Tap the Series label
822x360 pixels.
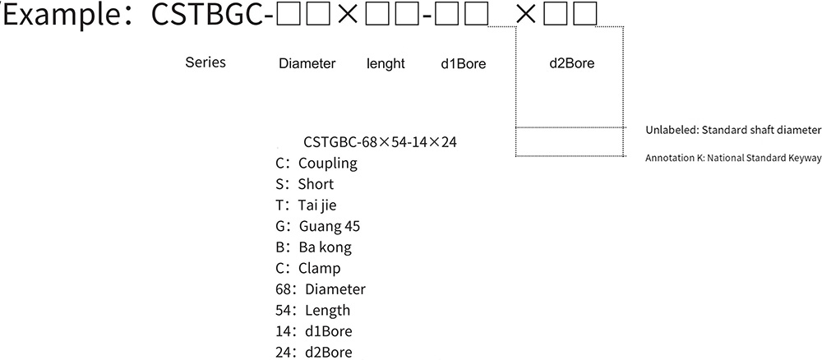(205, 62)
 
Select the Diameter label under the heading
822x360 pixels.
(307, 63)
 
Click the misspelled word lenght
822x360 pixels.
(386, 63)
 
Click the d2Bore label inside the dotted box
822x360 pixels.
(570, 63)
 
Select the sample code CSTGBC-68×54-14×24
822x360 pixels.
(380, 141)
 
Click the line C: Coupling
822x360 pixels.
(317, 163)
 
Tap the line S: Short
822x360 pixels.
(306, 184)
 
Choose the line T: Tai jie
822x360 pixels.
(308, 205)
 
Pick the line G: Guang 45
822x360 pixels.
(319, 226)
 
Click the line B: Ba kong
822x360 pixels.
(314, 247)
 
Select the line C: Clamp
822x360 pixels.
(309, 268)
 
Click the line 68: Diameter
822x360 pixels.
(321, 289)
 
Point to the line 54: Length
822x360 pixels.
(314, 311)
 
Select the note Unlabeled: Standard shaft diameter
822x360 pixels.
(733, 130)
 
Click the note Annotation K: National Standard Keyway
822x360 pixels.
(733, 157)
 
